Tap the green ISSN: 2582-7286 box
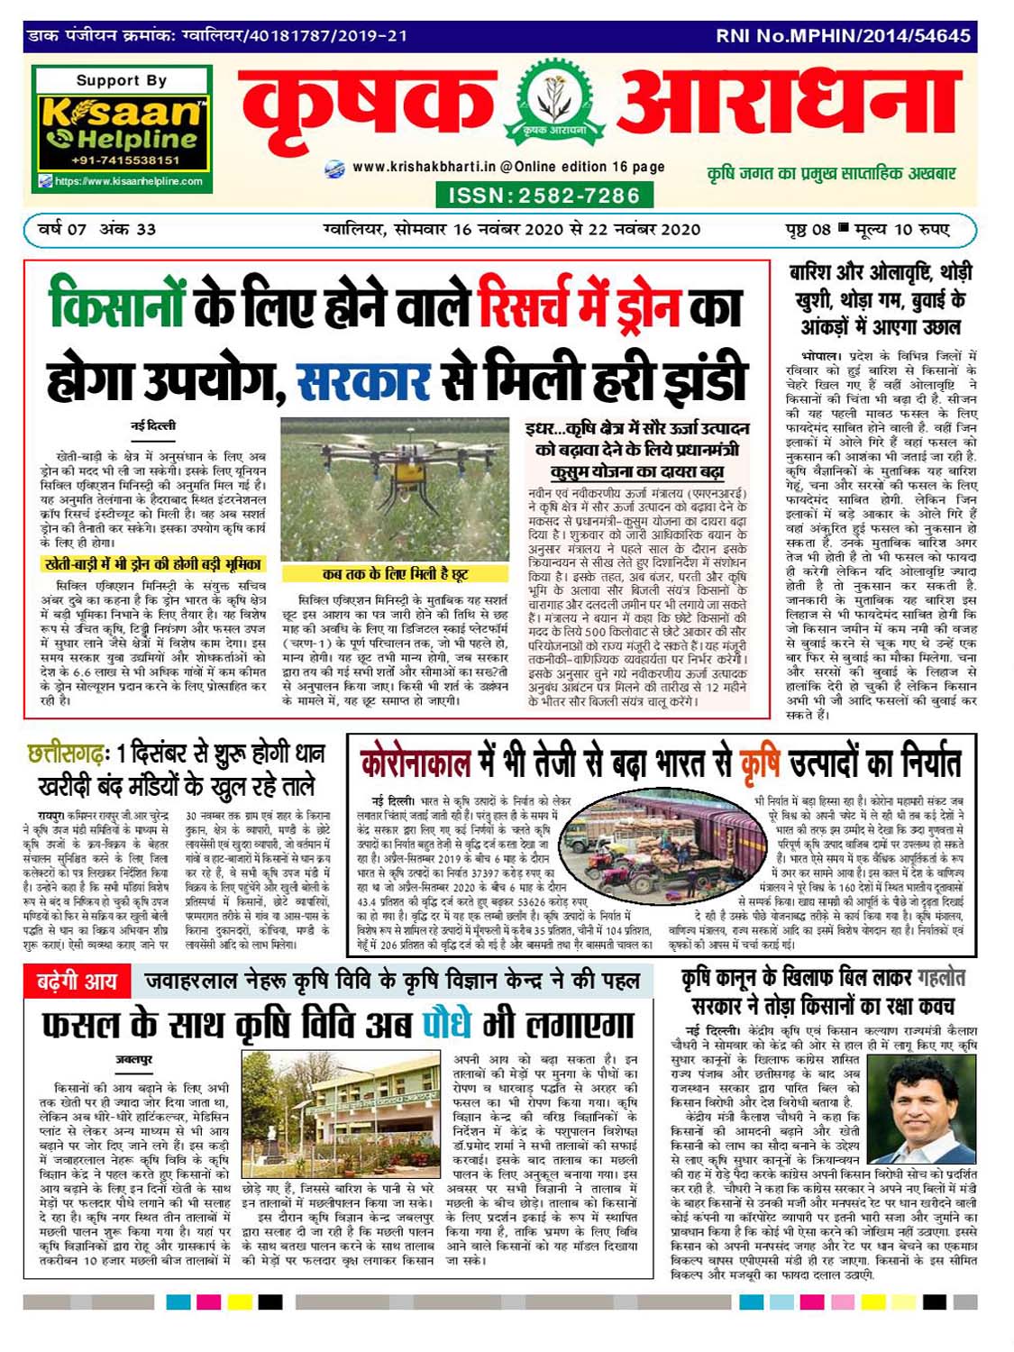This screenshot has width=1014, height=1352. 544,196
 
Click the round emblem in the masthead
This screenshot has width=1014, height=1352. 553,105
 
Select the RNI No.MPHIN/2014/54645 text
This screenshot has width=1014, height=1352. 843,36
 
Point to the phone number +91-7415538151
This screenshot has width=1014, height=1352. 126,160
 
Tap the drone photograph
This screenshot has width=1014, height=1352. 396,489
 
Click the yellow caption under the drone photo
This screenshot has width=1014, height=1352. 396,574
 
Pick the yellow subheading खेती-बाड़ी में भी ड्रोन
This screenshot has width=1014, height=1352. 153,564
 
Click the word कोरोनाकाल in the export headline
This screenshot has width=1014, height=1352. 416,763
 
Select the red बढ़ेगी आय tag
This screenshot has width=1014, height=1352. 77,981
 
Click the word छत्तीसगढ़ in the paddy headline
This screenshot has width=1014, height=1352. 68,753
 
